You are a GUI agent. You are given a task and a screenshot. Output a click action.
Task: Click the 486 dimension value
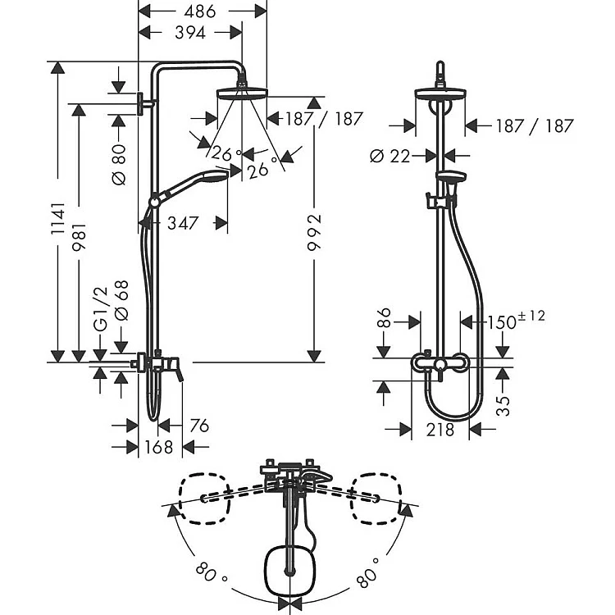click(x=200, y=11)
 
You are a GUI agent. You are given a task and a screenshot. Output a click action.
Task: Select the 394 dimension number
click(x=190, y=33)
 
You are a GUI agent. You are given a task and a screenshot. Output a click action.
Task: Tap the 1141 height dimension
click(x=57, y=218)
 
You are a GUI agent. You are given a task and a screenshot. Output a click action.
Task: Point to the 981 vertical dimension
click(x=79, y=237)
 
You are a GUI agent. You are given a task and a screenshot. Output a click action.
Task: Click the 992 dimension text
click(x=314, y=232)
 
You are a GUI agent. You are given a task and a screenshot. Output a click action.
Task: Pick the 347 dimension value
click(x=183, y=223)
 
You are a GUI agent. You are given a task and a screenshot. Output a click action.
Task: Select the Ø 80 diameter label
click(x=119, y=164)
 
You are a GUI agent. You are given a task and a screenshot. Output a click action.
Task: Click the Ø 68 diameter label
click(x=121, y=300)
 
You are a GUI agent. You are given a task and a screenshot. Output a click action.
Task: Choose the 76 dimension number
click(x=199, y=426)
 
